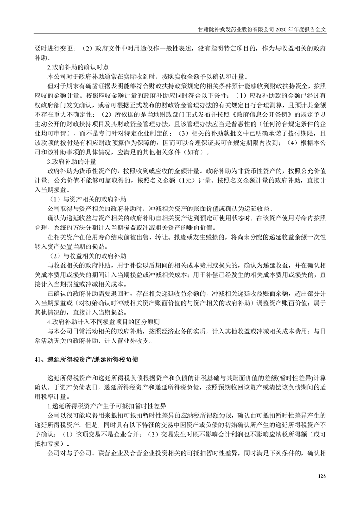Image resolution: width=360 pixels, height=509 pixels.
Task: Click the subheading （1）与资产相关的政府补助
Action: (88, 199)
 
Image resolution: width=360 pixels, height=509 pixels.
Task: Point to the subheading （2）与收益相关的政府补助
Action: (88, 256)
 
